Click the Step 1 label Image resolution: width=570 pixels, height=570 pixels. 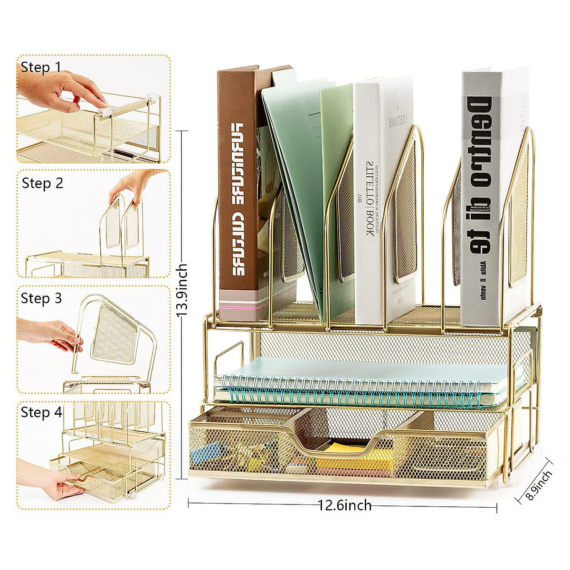(x=41, y=67)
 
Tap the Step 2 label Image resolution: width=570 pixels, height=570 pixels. (x=42, y=183)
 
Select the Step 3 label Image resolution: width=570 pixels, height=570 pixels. (x=41, y=298)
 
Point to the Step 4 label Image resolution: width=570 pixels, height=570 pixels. (x=41, y=412)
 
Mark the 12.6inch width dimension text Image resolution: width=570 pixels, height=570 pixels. (x=344, y=505)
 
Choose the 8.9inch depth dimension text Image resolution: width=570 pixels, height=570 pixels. (x=539, y=485)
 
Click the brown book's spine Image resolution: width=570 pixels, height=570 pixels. (x=237, y=190)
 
